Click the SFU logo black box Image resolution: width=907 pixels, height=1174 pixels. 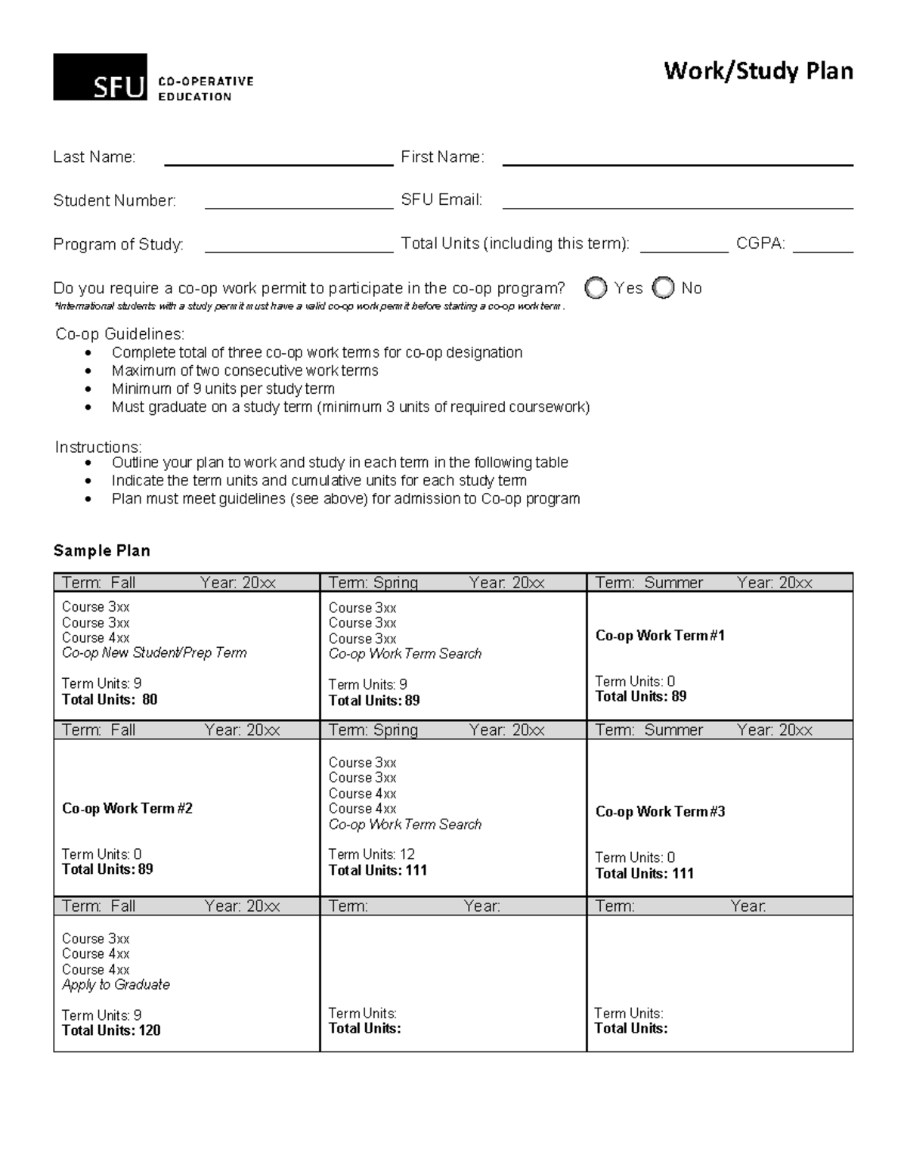point(100,77)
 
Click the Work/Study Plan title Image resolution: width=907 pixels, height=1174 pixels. point(758,71)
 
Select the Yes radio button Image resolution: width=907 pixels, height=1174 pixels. point(596,288)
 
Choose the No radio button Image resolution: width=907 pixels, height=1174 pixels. point(663,288)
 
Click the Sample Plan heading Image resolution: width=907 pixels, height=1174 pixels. point(101,550)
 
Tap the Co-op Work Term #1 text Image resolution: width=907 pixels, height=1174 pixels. point(660,636)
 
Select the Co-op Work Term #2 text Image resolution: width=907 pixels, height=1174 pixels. point(127,808)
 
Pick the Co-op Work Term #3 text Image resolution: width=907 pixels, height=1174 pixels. point(660,812)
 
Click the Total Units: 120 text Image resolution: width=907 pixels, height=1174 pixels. point(111,1030)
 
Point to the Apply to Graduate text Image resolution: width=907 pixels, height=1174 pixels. point(116,984)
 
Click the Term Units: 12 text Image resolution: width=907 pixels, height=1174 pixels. point(371,854)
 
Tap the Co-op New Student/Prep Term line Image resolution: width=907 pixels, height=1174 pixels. point(154,652)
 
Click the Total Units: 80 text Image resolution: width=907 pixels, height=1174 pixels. point(110,699)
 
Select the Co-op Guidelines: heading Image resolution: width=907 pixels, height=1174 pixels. point(119,334)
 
